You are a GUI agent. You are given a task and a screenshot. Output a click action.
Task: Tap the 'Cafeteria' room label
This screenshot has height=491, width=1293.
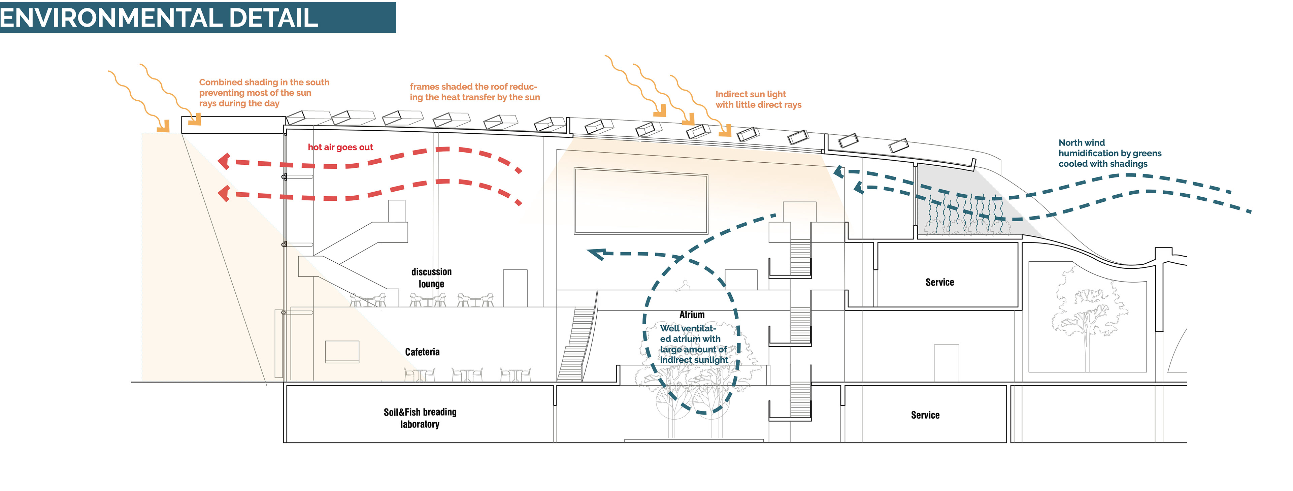coord(422,352)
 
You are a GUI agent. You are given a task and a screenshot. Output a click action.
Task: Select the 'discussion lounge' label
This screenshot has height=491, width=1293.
coord(431,277)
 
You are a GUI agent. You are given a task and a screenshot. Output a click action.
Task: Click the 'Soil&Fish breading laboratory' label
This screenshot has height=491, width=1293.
coord(420,418)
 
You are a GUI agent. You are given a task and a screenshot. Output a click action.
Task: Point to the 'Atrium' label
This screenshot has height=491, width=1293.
coord(692,315)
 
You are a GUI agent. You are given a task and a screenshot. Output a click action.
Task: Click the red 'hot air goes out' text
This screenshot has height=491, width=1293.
coord(340,147)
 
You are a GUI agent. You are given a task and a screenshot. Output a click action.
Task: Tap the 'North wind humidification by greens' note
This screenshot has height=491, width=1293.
coord(1109,153)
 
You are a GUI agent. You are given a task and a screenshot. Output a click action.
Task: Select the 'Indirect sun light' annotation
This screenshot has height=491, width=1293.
coord(758,99)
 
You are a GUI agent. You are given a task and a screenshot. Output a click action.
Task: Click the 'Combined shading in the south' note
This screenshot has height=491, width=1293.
coord(264,92)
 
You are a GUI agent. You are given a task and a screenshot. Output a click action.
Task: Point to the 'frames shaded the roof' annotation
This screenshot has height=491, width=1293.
coord(474,92)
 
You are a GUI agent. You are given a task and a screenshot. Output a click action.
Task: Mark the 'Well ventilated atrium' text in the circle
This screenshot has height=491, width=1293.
coord(693,344)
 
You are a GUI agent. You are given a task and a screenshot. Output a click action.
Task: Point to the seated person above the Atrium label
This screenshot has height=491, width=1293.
coord(683,285)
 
